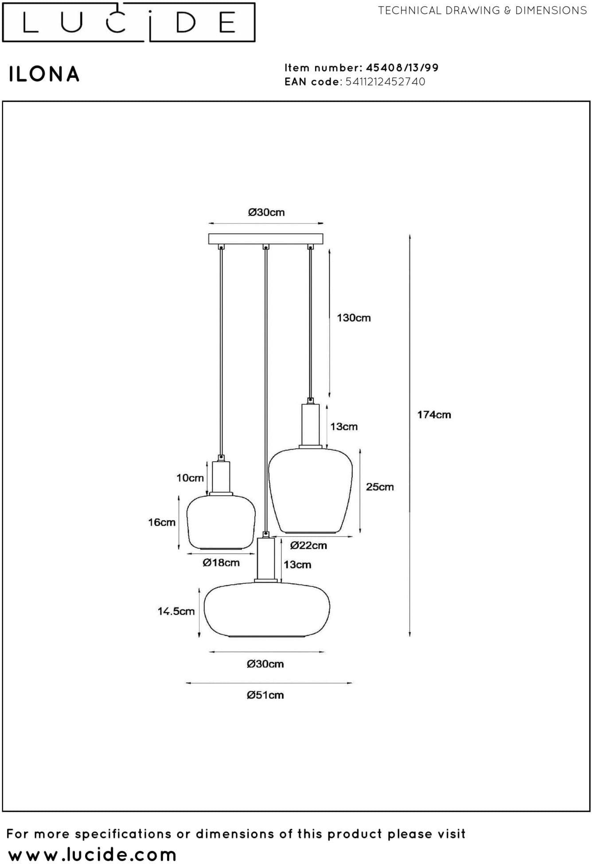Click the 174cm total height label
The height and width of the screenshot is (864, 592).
pyautogui.click(x=434, y=415)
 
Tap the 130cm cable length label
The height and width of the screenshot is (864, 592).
pyautogui.click(x=354, y=318)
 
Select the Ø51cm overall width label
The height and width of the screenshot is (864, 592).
pyautogui.click(x=265, y=695)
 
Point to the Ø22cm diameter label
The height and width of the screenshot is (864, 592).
pyautogui.click(x=308, y=545)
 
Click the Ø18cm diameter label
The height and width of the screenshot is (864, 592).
pyautogui.click(x=221, y=563)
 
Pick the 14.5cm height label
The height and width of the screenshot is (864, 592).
pyautogui.click(x=176, y=611)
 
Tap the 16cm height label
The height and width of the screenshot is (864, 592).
pyautogui.click(x=162, y=522)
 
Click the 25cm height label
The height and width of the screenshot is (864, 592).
pyautogui.click(x=380, y=487)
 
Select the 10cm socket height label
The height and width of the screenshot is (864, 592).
pyautogui.click(x=190, y=478)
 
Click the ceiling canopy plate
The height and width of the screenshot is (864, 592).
pyautogui.click(x=266, y=239)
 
